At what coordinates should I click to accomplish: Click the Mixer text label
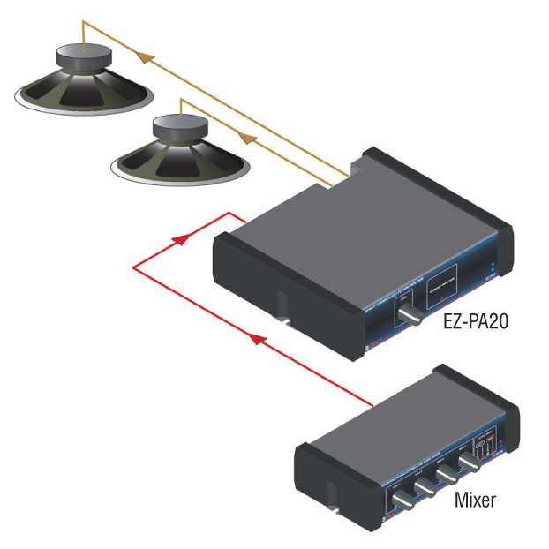(x=475, y=500)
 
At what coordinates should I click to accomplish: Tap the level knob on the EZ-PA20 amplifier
(x=411, y=320)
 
